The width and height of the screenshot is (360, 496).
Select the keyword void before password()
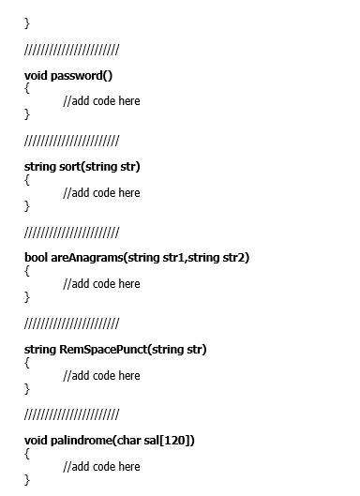(35, 75)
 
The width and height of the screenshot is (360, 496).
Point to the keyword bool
(36, 258)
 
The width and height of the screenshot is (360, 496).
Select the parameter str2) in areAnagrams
(234, 258)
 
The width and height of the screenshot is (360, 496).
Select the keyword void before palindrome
(35, 441)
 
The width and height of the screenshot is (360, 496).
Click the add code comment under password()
(101, 100)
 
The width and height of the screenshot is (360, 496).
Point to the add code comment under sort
(101, 192)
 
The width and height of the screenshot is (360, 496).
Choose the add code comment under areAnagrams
(101, 283)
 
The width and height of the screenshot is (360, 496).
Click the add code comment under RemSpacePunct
(101, 375)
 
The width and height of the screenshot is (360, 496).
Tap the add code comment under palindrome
(101, 466)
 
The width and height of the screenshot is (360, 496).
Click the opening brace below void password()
(27, 87)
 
